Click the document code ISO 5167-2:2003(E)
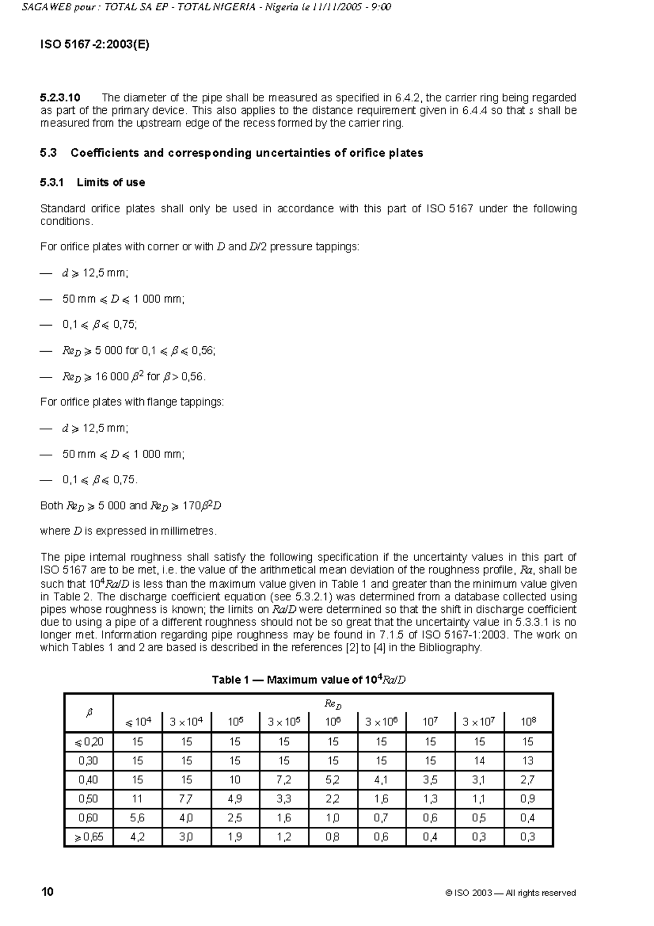pyautogui.click(x=94, y=45)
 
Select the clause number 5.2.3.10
pyautogui.click(x=60, y=98)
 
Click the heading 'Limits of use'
pyautogui.click(x=111, y=183)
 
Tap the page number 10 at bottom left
pyautogui.click(x=47, y=892)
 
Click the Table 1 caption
pyautogui.click(x=308, y=680)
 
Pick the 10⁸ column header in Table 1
pyautogui.click(x=528, y=722)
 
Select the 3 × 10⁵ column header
pyautogui.click(x=284, y=722)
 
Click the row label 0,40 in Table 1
pyautogui.click(x=88, y=780)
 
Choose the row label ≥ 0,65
pyautogui.click(x=88, y=837)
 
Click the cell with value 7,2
pyautogui.click(x=284, y=780)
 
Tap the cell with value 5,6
pyautogui.click(x=137, y=818)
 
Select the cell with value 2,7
pyautogui.click(x=528, y=780)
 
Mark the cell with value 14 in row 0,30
pyautogui.click(x=479, y=761)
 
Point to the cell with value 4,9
pyautogui.click(x=235, y=799)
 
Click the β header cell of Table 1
pyautogui.click(x=89, y=713)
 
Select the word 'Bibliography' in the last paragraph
pyautogui.click(x=453, y=648)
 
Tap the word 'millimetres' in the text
pyautogui.click(x=187, y=531)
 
